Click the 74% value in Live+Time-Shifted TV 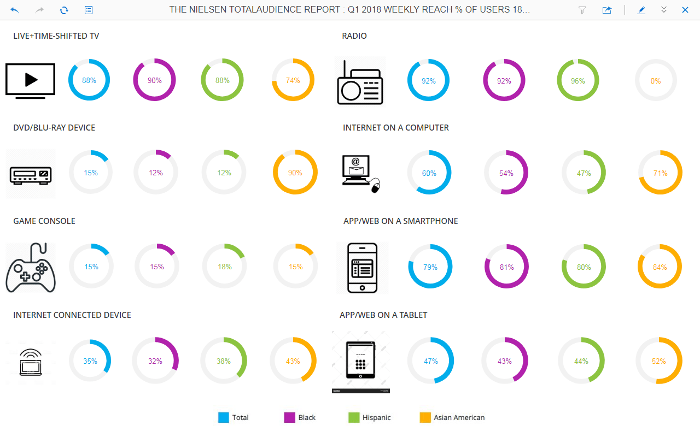(293, 80)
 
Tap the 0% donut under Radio (656, 81)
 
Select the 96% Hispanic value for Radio (578, 81)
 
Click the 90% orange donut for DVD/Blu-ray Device (295, 173)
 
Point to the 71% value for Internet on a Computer (660, 173)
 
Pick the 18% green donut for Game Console (224, 267)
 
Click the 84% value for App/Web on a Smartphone (660, 267)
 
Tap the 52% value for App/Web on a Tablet (658, 361)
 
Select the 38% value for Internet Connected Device (223, 361)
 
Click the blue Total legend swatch (224, 417)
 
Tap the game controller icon (31, 268)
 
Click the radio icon (360, 82)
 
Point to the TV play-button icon (31, 80)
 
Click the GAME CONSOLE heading (44, 221)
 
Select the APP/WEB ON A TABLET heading (383, 315)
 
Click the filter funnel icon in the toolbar (582, 10)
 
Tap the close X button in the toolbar (685, 10)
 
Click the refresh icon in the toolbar (64, 10)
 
